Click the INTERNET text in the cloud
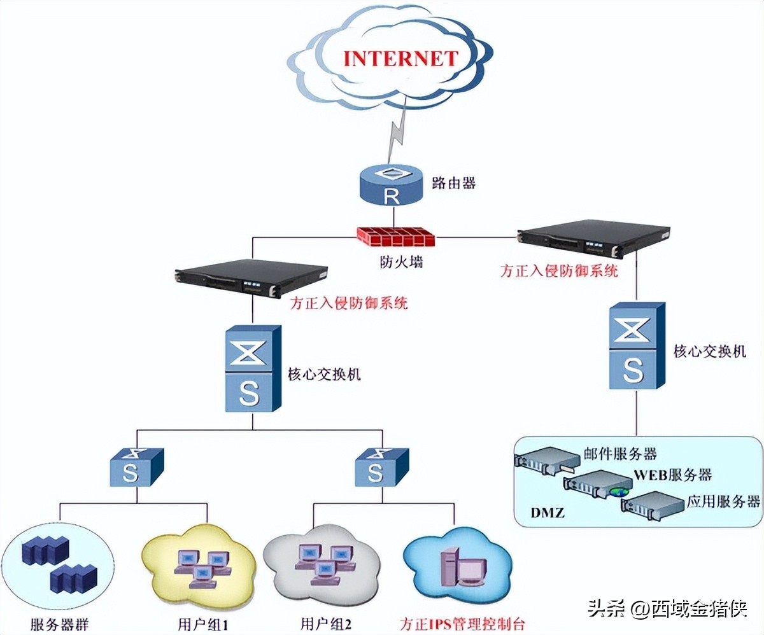(400, 58)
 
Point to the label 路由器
(454, 184)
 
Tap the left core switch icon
(252, 368)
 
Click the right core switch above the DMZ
(636, 346)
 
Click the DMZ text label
(547, 512)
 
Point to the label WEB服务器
(672, 475)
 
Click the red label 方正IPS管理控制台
(463, 624)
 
